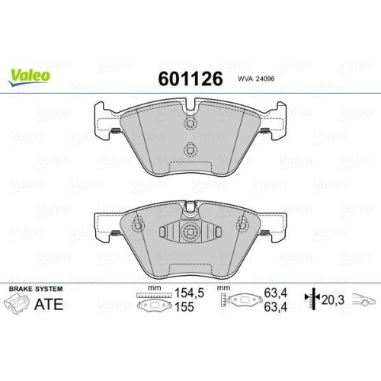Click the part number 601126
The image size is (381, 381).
189,79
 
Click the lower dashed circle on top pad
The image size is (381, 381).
190,149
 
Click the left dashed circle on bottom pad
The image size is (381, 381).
138,224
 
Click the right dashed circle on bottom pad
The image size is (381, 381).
242,224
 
